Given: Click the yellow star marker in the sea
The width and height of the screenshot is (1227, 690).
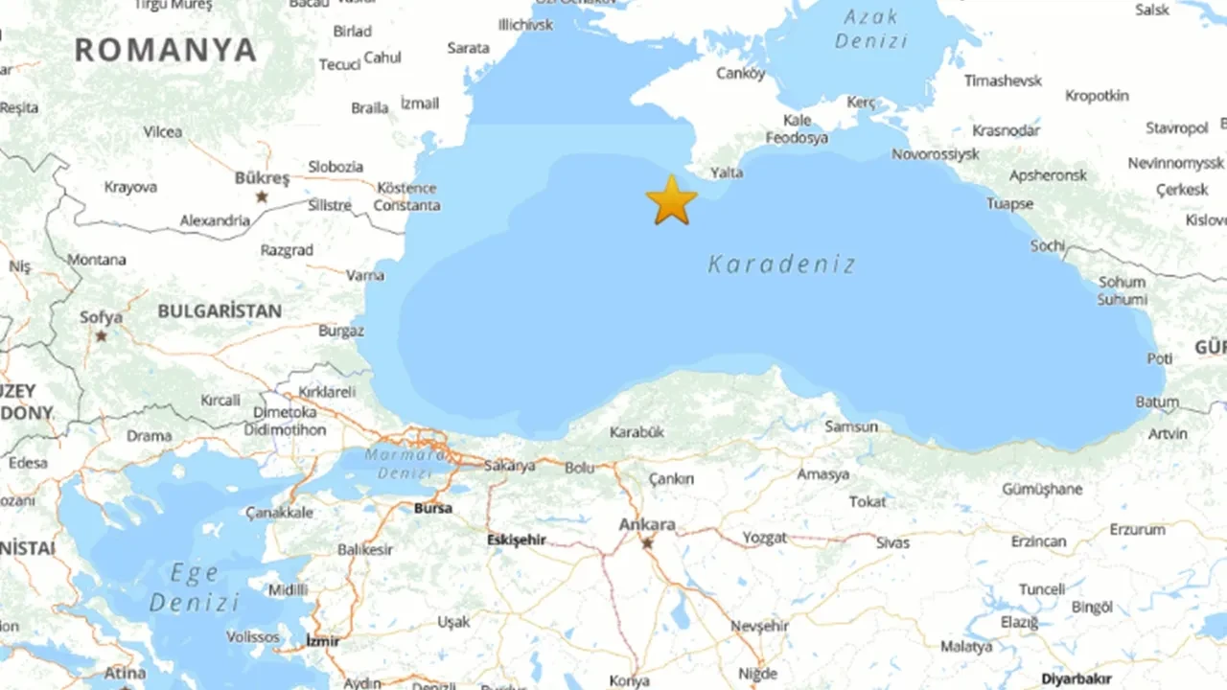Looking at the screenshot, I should [x=671, y=200].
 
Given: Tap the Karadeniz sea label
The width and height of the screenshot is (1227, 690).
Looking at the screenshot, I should [x=781, y=264].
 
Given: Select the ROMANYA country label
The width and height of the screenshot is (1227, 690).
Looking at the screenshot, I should [x=166, y=50].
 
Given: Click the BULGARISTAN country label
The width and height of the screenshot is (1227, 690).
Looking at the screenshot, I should [x=220, y=311].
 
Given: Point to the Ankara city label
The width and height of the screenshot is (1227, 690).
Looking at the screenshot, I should [x=647, y=525].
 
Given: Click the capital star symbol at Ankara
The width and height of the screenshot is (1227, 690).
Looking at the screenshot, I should [x=647, y=543].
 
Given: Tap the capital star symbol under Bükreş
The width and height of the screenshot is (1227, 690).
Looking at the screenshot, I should [x=261, y=196].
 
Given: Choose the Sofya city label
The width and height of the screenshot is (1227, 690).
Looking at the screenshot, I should [x=101, y=317].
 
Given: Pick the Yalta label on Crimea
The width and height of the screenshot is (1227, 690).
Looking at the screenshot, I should [x=726, y=172].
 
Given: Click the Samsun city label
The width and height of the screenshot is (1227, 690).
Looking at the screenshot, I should [x=850, y=426].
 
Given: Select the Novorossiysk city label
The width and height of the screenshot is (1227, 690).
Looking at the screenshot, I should [x=936, y=153].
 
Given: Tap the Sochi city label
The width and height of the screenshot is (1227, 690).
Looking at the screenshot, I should [x=1048, y=246].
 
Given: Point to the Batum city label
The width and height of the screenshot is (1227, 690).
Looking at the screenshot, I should [x=1157, y=402].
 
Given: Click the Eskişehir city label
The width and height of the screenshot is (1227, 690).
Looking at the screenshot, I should [x=516, y=540].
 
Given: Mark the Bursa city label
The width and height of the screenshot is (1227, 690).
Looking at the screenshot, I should [x=433, y=508].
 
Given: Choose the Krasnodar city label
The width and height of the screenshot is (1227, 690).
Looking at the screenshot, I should [x=1006, y=130].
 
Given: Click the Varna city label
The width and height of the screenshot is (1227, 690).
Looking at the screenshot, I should [x=365, y=275].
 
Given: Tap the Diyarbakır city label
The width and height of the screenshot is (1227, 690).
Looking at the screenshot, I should [x=1077, y=678].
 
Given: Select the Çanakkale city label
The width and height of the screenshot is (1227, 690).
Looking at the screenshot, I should [x=279, y=513].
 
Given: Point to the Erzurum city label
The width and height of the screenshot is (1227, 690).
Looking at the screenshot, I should [x=1138, y=529].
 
